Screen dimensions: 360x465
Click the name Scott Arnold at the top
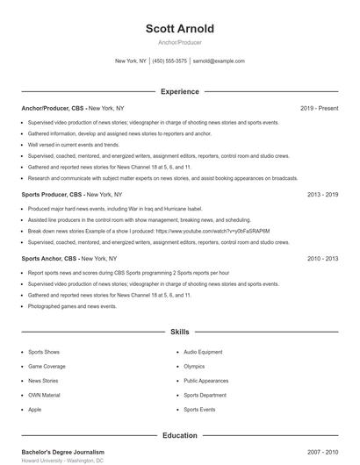pyautogui.click(x=180, y=29)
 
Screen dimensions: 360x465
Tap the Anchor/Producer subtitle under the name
pyautogui.click(x=180, y=42)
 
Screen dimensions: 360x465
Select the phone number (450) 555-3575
pyautogui.click(x=169, y=61)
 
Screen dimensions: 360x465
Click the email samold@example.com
pyautogui.click(x=219, y=61)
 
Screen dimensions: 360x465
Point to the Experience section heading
pyautogui.click(x=180, y=91)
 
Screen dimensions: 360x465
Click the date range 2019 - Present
pyautogui.click(x=319, y=109)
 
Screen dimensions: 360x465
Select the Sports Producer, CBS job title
pyautogui.click(x=52, y=194)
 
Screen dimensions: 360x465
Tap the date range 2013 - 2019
pyautogui.click(x=322, y=194)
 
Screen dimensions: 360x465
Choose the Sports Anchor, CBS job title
pyautogui.click(x=50, y=259)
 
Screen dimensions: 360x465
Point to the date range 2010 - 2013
pyautogui.click(x=322, y=259)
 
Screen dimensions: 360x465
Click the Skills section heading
pyautogui.click(x=180, y=333)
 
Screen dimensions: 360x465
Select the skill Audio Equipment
pyautogui.click(x=203, y=352)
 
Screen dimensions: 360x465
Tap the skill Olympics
pyautogui.click(x=194, y=366)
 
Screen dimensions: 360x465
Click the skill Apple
pyautogui.click(x=35, y=409)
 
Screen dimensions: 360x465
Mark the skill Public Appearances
pyautogui.click(x=206, y=381)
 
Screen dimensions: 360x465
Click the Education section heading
pyautogui.click(x=180, y=435)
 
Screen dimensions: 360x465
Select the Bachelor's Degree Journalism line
pyautogui.click(x=62, y=452)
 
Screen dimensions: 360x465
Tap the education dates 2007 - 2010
pyautogui.click(x=322, y=452)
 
